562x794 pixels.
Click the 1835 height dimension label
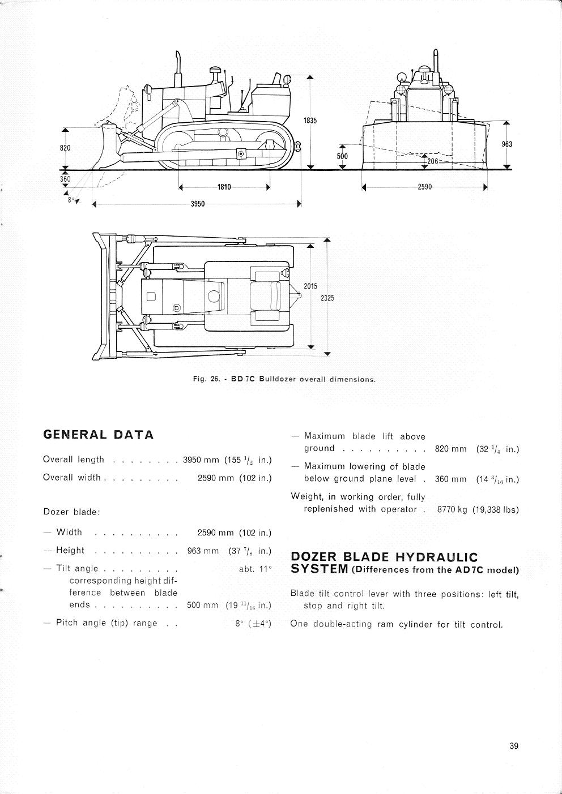310,121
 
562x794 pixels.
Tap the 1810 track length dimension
224,188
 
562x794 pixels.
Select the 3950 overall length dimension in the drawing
197,204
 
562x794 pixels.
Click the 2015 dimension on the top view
310,286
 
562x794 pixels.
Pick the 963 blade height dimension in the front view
506,144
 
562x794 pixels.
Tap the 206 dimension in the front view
433,162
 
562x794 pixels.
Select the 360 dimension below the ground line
65,179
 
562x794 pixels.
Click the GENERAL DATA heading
99,435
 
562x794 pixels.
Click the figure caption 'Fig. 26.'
207,379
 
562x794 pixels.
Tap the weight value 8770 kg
452,509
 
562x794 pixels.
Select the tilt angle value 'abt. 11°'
256,569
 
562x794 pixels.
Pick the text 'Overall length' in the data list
74,460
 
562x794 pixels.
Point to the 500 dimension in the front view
342,156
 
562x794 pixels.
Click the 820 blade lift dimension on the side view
65,148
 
